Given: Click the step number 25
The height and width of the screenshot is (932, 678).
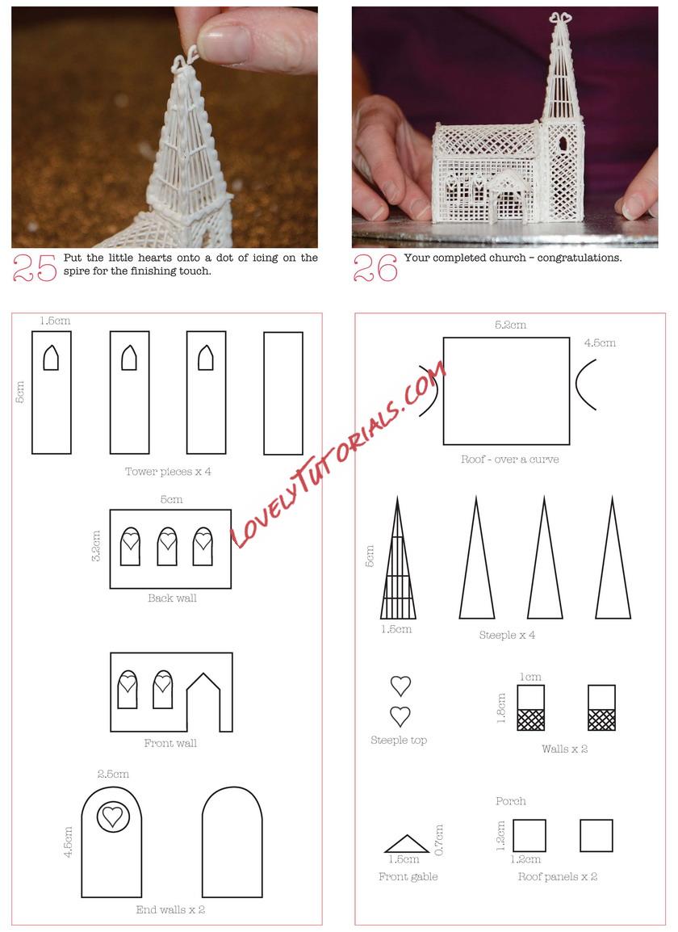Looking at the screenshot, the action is (35, 267).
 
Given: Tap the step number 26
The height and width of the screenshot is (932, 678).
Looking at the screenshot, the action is (375, 267).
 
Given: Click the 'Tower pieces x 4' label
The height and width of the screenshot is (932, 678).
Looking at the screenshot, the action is (168, 472).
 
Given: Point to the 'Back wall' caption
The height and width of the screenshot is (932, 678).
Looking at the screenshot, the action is (172, 598).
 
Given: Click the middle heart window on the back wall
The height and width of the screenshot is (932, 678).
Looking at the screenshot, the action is (167, 546).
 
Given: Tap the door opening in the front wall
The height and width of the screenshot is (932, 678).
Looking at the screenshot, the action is (203, 702).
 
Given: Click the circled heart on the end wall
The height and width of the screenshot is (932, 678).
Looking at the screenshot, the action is (112, 816).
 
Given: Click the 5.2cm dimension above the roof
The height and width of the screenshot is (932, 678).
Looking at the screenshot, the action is (510, 325).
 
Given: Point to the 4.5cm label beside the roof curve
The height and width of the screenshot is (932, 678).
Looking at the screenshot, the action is (600, 343).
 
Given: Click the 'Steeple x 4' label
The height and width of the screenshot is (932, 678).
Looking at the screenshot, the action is (507, 635).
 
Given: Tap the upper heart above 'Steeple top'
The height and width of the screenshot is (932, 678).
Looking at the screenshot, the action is (400, 686).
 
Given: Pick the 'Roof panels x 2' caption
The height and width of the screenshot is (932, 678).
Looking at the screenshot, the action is (558, 876).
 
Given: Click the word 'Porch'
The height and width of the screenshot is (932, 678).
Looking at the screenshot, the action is (510, 801).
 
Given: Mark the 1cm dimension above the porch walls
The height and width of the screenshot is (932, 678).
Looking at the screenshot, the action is (530, 677).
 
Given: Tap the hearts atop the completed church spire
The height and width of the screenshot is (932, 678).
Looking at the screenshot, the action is (560, 19).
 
